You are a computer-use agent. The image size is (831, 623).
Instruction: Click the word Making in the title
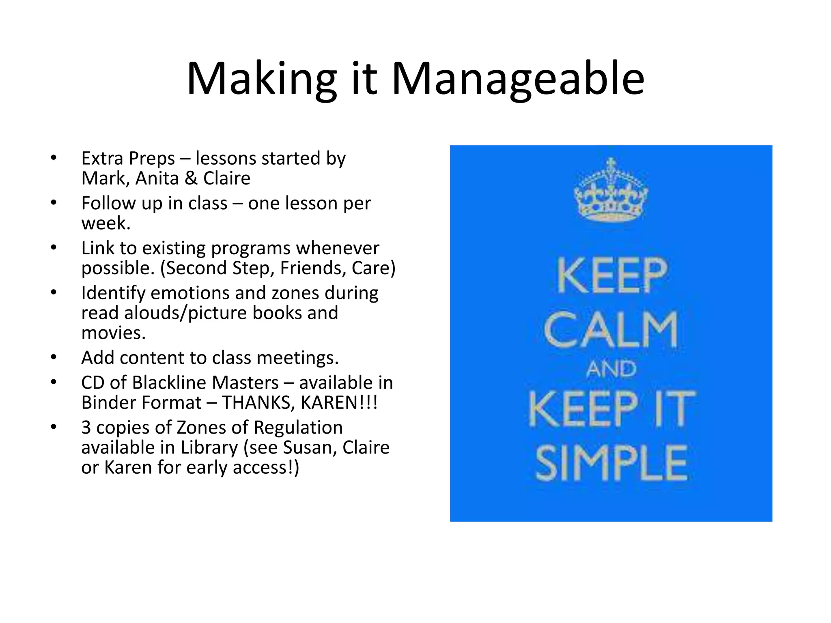point(261,79)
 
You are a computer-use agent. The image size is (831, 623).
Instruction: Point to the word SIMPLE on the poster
point(611,463)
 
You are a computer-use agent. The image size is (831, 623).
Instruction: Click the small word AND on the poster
point(611,370)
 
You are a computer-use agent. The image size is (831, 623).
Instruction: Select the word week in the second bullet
point(104,223)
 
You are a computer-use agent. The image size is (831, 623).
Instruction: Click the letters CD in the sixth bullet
point(93,383)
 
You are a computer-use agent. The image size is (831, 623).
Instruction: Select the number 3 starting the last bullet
point(86,428)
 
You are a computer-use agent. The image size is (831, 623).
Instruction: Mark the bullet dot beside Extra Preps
point(54,158)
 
